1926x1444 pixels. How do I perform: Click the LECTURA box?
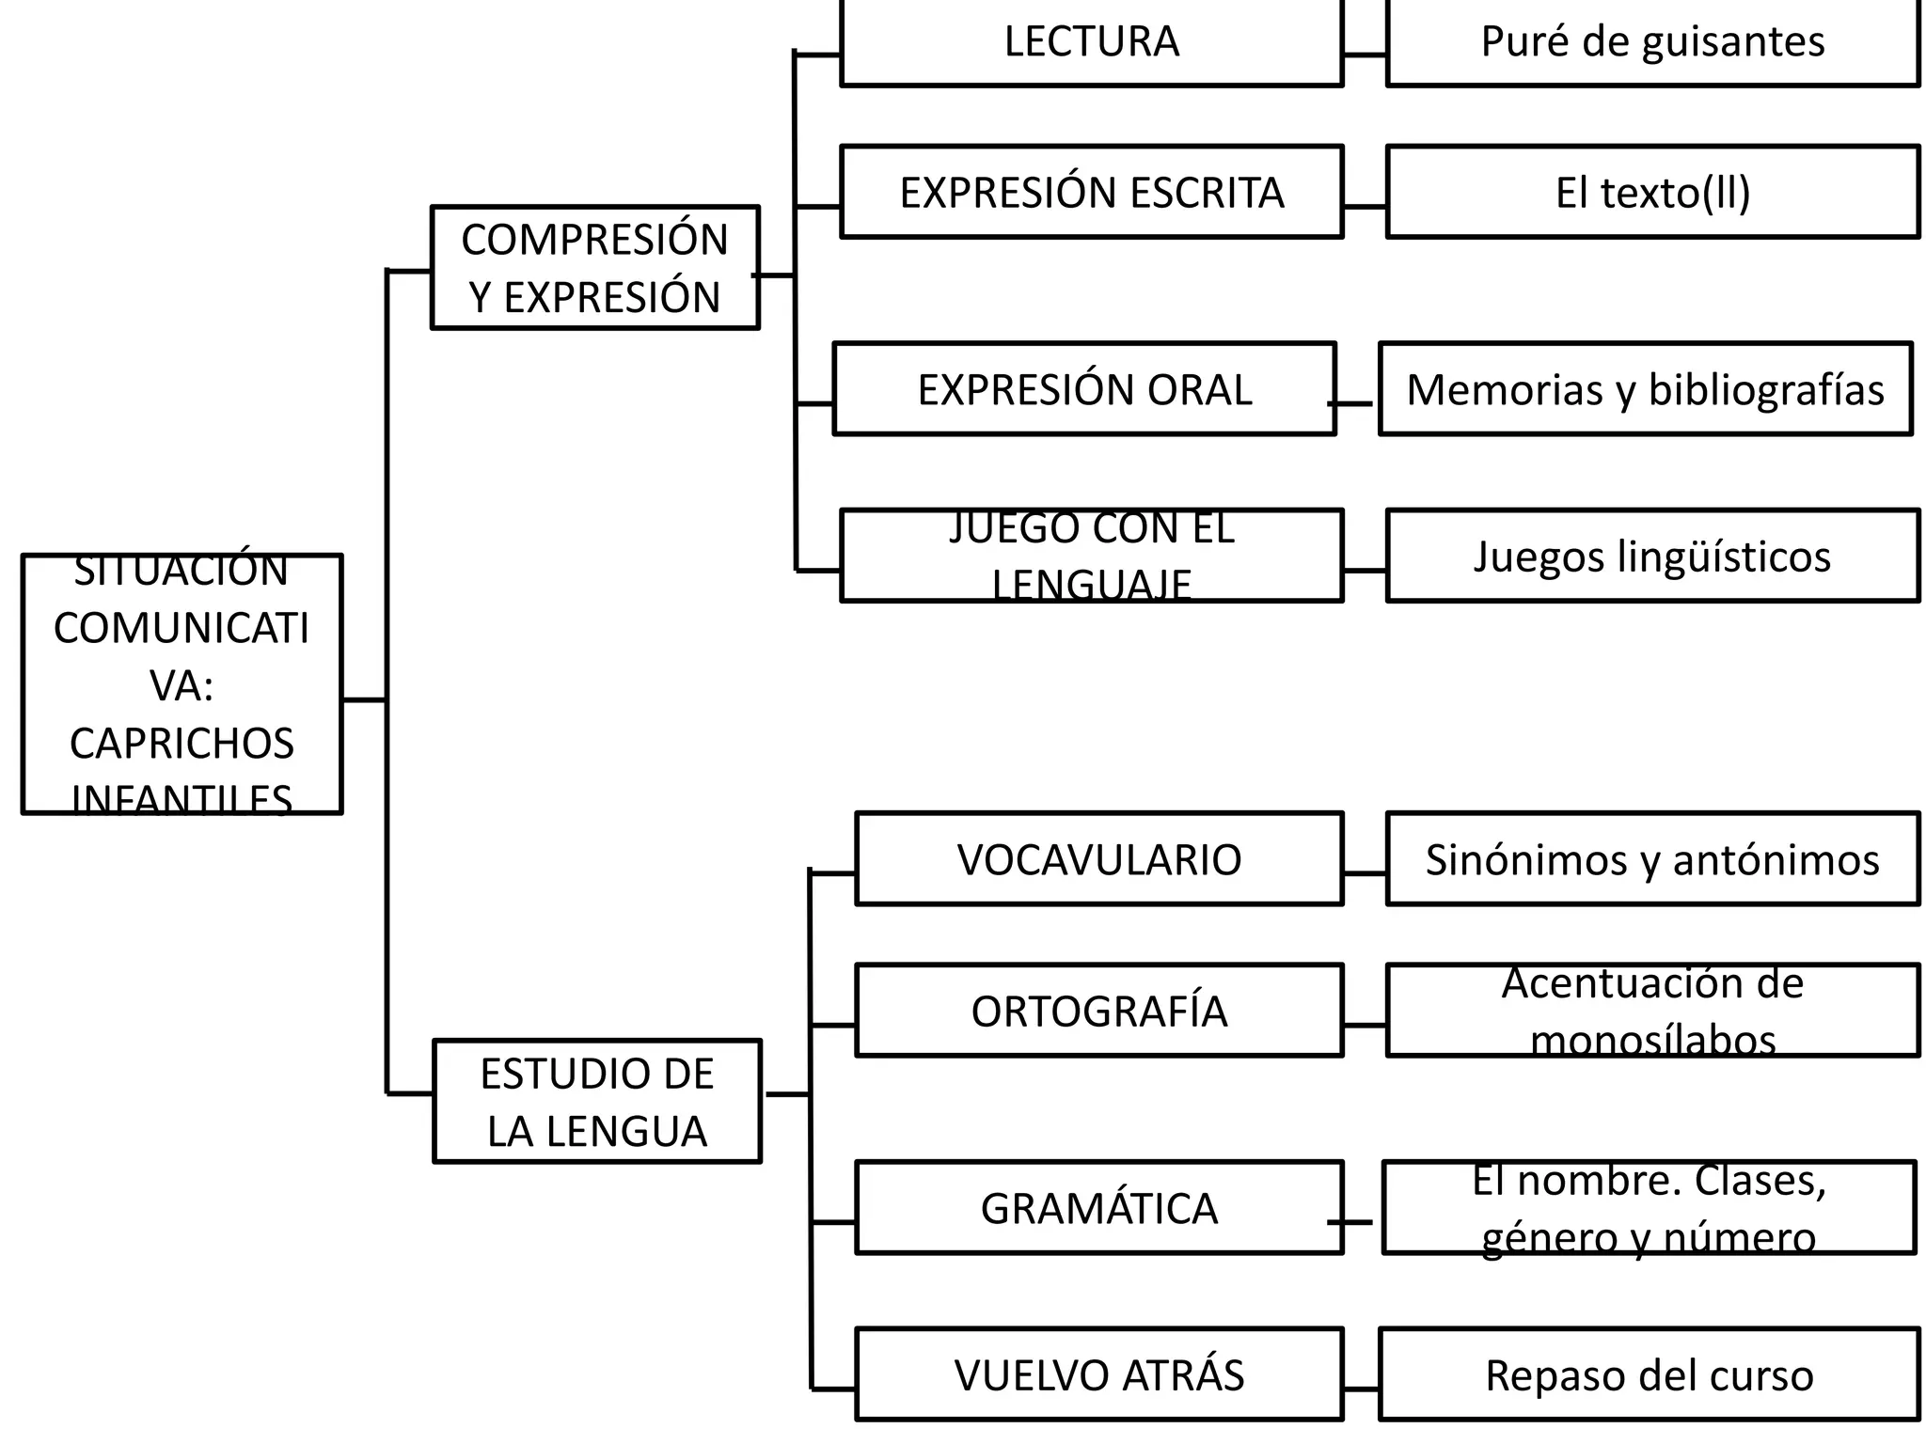point(1091,42)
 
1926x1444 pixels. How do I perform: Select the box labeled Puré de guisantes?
point(1652,42)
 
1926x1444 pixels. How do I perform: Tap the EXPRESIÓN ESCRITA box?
point(1091,192)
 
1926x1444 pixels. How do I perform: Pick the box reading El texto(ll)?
point(1652,192)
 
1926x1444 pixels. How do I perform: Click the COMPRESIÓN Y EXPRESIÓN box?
point(594,268)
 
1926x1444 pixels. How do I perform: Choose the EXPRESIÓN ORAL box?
point(1084,389)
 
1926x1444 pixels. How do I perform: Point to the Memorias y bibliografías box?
point(1645,389)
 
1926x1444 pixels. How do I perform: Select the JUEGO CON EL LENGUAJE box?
point(1091,556)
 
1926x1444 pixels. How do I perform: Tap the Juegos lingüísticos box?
point(1652,556)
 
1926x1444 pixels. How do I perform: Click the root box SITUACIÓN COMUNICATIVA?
point(182,683)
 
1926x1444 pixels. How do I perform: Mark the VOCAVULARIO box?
point(1098,859)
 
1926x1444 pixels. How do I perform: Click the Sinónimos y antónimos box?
point(1652,859)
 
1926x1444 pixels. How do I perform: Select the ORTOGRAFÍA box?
point(1098,1011)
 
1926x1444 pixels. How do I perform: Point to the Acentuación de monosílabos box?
point(1652,1011)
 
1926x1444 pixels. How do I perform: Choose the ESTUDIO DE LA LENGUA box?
point(597,1101)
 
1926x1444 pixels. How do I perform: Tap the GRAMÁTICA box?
point(1098,1208)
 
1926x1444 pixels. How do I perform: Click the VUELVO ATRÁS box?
point(1098,1374)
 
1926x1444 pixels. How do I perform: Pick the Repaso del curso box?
point(1649,1374)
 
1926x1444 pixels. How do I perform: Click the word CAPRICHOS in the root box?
point(182,744)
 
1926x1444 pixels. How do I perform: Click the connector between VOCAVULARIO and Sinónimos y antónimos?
point(1365,873)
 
